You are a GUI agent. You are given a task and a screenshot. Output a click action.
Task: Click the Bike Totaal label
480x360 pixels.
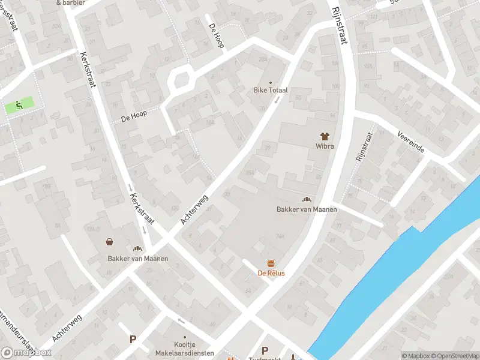270,90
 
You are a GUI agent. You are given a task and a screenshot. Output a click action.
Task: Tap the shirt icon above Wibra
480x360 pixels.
325,136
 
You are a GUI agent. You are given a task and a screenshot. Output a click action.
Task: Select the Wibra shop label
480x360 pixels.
325,146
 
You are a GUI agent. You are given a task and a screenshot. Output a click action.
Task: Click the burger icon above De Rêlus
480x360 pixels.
271,263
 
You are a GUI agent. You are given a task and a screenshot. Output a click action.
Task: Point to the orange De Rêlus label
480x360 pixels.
271,273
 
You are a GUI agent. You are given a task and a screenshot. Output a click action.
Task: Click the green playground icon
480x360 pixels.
19,106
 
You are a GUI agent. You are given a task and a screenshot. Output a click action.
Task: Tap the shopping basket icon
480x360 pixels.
110,242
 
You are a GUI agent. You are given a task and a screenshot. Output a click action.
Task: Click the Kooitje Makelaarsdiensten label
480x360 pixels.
184,349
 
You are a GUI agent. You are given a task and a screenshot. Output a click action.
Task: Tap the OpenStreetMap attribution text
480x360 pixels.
454,356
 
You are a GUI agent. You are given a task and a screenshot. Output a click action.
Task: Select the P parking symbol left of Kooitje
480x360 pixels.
133,340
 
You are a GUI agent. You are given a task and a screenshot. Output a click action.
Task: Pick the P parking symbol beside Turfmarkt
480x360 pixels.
265,350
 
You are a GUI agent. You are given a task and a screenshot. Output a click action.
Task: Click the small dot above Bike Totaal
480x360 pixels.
270,82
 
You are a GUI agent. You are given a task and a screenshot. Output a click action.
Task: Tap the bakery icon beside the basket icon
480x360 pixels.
137,248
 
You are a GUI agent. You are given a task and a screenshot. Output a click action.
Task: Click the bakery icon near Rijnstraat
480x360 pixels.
307,199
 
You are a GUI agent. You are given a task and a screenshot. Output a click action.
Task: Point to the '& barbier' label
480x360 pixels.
71,2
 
